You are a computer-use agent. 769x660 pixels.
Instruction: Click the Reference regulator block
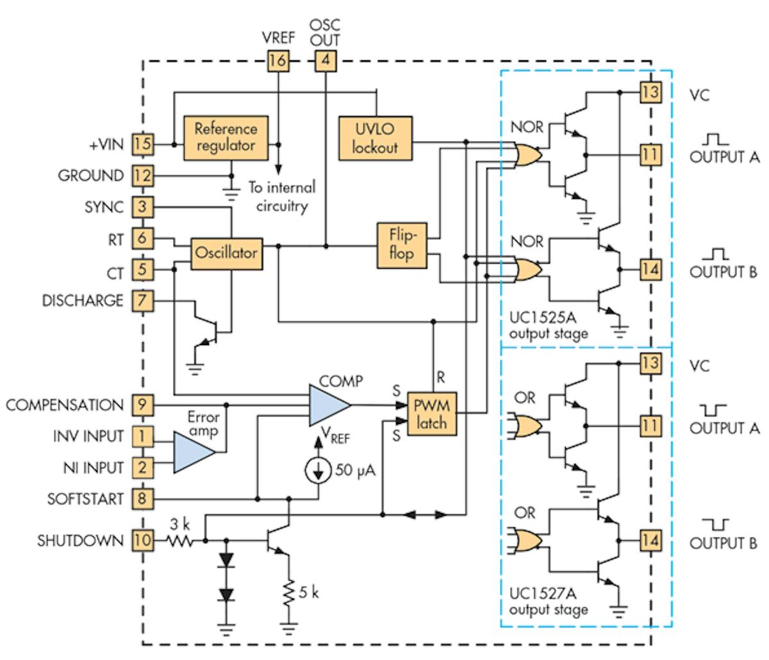pos(226,136)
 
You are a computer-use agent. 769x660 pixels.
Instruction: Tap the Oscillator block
pos(227,252)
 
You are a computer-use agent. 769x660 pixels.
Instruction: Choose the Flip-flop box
pos(401,244)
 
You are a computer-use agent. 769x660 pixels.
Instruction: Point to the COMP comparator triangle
pos(328,405)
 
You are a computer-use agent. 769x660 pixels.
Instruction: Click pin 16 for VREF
pos(278,62)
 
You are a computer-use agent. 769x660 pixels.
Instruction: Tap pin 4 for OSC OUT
pos(326,62)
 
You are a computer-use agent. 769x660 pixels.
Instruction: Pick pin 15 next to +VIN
pos(143,144)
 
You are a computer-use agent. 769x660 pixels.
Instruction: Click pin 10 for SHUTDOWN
pos(143,541)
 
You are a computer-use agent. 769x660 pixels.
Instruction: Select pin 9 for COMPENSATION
pos(143,405)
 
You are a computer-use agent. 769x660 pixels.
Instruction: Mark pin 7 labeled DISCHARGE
pos(143,300)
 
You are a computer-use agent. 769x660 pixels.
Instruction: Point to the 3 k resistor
pos(180,541)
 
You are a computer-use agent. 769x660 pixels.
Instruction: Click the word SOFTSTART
pos(85,499)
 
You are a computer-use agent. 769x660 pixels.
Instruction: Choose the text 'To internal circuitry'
pos(281,197)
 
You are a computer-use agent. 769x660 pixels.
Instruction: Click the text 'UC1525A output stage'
pos(548,326)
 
